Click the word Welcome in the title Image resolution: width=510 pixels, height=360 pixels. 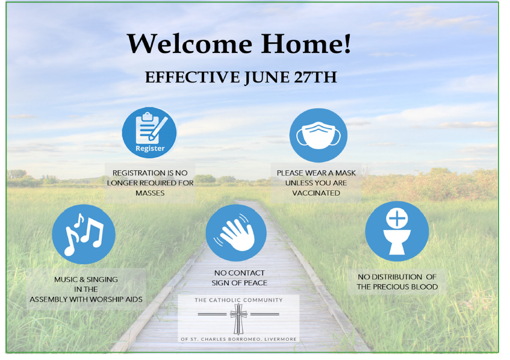pyautogui.click(x=190, y=43)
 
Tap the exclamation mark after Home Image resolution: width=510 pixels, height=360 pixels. pyautogui.click(x=347, y=43)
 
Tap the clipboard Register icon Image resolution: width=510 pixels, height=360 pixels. pyautogui.click(x=149, y=132)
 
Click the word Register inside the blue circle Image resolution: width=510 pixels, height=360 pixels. pyautogui.click(x=150, y=148)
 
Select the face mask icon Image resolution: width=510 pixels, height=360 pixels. pyautogui.click(x=319, y=135)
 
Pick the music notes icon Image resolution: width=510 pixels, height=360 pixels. pyautogui.click(x=84, y=234)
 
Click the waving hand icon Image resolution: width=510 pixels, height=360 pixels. pyautogui.click(x=236, y=233)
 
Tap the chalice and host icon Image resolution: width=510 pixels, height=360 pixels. pyautogui.click(x=397, y=231)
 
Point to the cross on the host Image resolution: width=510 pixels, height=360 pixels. pyautogui.click(x=397, y=218)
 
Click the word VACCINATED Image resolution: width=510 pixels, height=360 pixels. pyautogui.click(x=316, y=193)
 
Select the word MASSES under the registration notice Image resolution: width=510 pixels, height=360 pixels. pyautogui.click(x=150, y=193)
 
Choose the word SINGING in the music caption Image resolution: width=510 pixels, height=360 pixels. pyautogui.click(x=102, y=279)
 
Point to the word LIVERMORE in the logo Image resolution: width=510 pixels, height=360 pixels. pyautogui.click(x=281, y=339)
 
